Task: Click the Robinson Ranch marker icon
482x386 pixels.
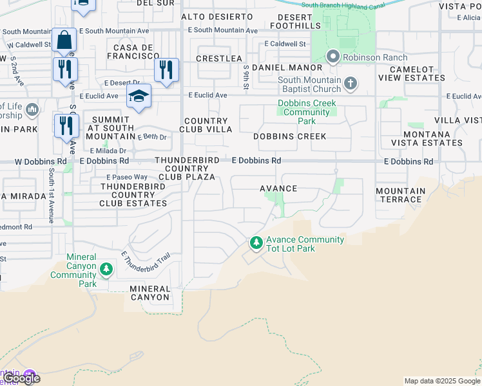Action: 333,57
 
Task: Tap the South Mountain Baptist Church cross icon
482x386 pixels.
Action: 350,83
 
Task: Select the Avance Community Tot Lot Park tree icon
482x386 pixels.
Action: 256,243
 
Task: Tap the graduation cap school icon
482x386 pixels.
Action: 139,96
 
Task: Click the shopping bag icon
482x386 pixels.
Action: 64,41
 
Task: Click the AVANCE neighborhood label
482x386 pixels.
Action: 278,188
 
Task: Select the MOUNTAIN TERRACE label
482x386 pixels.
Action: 401,196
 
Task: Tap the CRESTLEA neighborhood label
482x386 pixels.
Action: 219,59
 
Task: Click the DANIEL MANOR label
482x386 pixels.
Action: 287,68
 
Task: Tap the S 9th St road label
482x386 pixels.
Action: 246,77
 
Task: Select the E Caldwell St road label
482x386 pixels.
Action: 284,44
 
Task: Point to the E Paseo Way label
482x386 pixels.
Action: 126,177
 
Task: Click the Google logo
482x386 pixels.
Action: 21,378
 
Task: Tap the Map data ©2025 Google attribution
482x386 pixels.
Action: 441,381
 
